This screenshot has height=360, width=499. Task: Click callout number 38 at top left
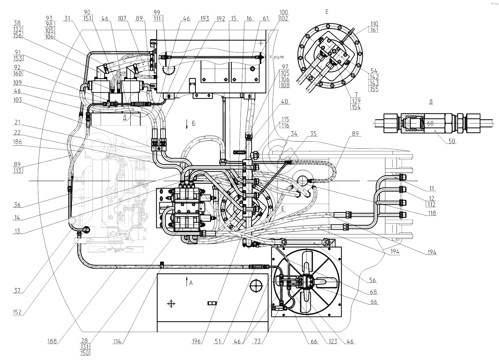coord(18,23)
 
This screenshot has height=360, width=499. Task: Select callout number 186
coord(18,142)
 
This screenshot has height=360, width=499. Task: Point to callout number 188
coord(52,340)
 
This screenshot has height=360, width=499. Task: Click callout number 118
coord(432,214)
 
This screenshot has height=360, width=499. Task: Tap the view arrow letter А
coord(191,283)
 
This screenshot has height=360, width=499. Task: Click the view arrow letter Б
coord(193,123)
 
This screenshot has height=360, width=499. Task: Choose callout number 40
coord(285,101)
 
